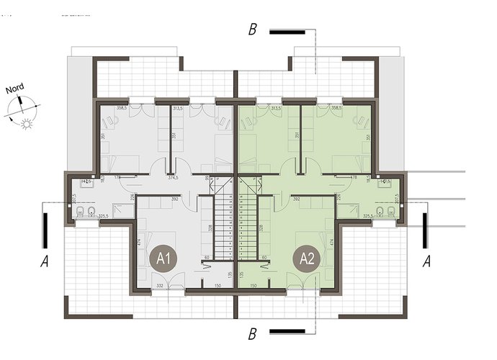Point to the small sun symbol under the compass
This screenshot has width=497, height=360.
click(x=27, y=125)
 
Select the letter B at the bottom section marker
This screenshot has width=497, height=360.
click(x=252, y=333)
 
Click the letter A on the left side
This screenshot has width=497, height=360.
click(x=44, y=262)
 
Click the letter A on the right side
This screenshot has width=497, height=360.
click(x=428, y=262)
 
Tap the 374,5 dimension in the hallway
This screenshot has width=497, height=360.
click(x=174, y=178)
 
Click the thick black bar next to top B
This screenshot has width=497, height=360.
click(x=286, y=32)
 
